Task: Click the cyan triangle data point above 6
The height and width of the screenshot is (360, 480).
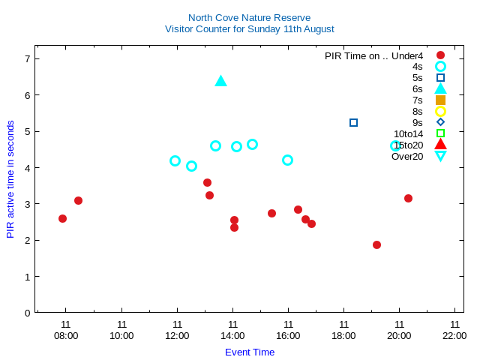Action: click(220, 81)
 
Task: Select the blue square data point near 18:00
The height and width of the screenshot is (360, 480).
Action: click(353, 122)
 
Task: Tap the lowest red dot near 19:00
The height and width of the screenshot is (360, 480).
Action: click(376, 244)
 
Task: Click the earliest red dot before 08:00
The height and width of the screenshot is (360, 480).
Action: click(62, 218)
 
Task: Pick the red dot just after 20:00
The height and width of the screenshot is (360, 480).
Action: click(408, 198)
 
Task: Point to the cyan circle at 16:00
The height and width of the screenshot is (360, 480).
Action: click(287, 160)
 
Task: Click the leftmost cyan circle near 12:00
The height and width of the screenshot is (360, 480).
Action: click(175, 160)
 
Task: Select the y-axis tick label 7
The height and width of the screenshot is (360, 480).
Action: click(28, 58)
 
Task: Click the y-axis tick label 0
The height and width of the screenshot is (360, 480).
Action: click(28, 313)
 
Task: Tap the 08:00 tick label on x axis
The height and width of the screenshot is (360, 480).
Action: click(66, 335)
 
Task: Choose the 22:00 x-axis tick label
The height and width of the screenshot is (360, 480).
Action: click(454, 335)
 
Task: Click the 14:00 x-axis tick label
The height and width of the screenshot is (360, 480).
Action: click(232, 335)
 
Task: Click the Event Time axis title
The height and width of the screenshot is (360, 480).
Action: click(250, 352)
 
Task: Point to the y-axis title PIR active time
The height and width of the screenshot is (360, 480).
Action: click(10, 179)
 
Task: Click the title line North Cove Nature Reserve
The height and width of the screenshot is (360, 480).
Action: click(249, 17)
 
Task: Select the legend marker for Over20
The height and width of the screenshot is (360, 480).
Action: click(440, 156)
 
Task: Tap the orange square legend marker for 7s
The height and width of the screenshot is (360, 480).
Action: click(440, 100)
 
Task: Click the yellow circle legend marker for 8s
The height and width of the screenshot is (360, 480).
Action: click(440, 111)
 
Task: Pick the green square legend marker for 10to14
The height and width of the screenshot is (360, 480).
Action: click(440, 133)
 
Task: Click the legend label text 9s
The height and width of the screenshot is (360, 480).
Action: click(417, 122)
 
